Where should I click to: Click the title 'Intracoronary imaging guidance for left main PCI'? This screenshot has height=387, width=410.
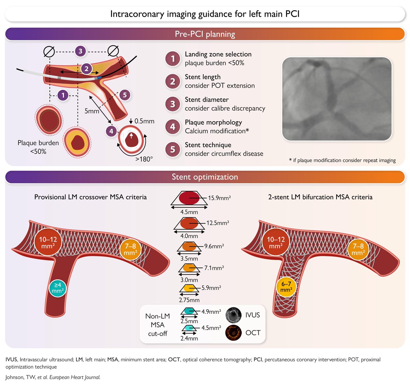click(205, 14)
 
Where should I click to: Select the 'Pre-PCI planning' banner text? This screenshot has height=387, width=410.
click(205, 34)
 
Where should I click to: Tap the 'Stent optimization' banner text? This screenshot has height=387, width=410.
click(205, 177)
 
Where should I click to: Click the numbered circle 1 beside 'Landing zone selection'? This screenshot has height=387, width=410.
click(173, 59)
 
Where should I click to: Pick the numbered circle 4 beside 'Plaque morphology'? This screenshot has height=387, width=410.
click(173, 127)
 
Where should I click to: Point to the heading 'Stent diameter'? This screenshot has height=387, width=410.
click(207, 100)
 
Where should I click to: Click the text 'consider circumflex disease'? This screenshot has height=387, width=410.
click(224, 154)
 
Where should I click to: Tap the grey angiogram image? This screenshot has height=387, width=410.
click(337, 99)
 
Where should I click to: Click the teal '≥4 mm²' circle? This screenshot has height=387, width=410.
click(58, 288)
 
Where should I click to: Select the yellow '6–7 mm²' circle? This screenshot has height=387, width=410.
click(286, 287)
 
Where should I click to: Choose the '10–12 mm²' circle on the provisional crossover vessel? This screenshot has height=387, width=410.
click(48, 242)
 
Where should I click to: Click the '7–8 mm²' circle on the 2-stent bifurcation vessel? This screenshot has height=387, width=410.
click(358, 249)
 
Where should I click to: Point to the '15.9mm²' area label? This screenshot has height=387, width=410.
click(219, 198)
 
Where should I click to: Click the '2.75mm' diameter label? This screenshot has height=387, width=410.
click(189, 300)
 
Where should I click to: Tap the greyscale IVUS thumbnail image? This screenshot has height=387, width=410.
click(233, 315)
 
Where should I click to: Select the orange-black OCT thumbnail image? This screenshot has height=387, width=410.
click(233, 333)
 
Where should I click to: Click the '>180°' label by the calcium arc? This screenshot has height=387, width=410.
click(144, 159)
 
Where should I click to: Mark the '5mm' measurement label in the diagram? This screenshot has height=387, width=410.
click(92, 111)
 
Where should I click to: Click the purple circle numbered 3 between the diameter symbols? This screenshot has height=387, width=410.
click(81, 51)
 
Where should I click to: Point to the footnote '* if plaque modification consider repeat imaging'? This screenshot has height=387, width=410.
click(342, 160)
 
